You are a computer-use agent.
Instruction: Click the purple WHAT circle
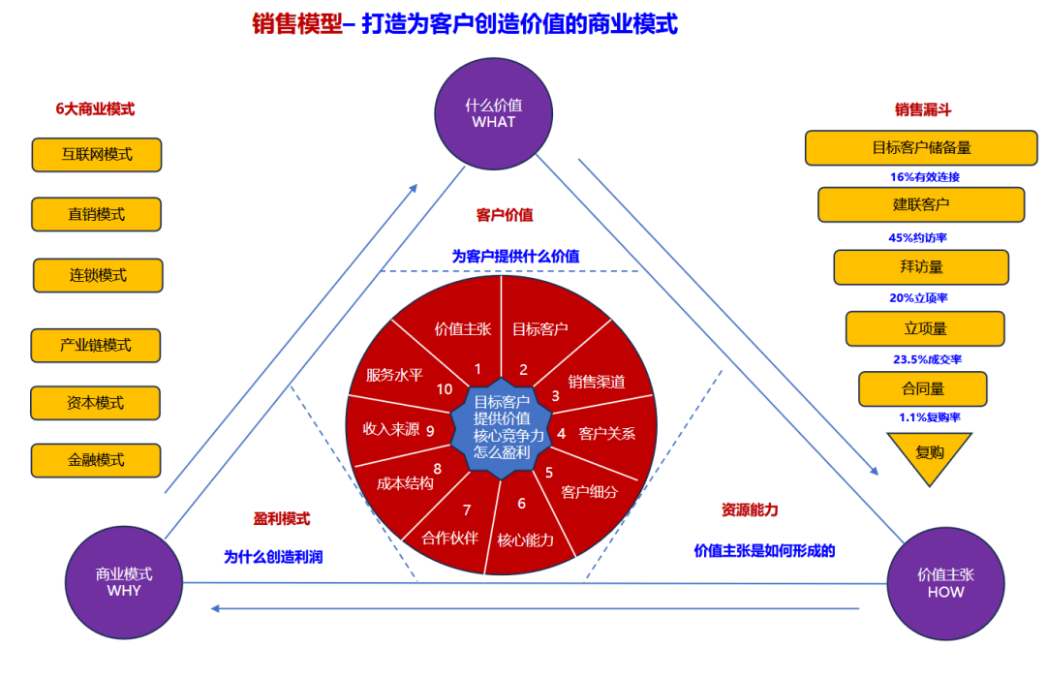(493, 114)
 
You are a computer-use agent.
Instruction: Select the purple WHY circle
(124, 582)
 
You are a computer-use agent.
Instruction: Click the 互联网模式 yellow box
(97, 154)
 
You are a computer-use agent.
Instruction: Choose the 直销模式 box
(97, 214)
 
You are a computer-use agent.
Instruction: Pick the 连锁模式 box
(98, 275)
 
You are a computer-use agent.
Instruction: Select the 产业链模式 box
(96, 345)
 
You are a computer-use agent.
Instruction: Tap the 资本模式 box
(96, 403)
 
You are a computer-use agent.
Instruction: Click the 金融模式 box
(96, 460)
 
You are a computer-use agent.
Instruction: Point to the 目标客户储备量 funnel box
(921, 148)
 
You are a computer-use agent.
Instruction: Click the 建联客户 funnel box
(921, 204)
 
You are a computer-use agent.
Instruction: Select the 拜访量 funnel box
(921, 266)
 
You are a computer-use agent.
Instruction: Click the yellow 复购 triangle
(929, 453)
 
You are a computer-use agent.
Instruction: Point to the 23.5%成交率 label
(927, 359)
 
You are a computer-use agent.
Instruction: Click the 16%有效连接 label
(924, 177)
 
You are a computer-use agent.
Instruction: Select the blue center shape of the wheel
(508, 427)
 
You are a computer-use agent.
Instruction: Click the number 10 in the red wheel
(445, 389)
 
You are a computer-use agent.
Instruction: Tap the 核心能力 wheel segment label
(526, 540)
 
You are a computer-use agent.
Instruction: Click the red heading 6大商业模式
(95, 109)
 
